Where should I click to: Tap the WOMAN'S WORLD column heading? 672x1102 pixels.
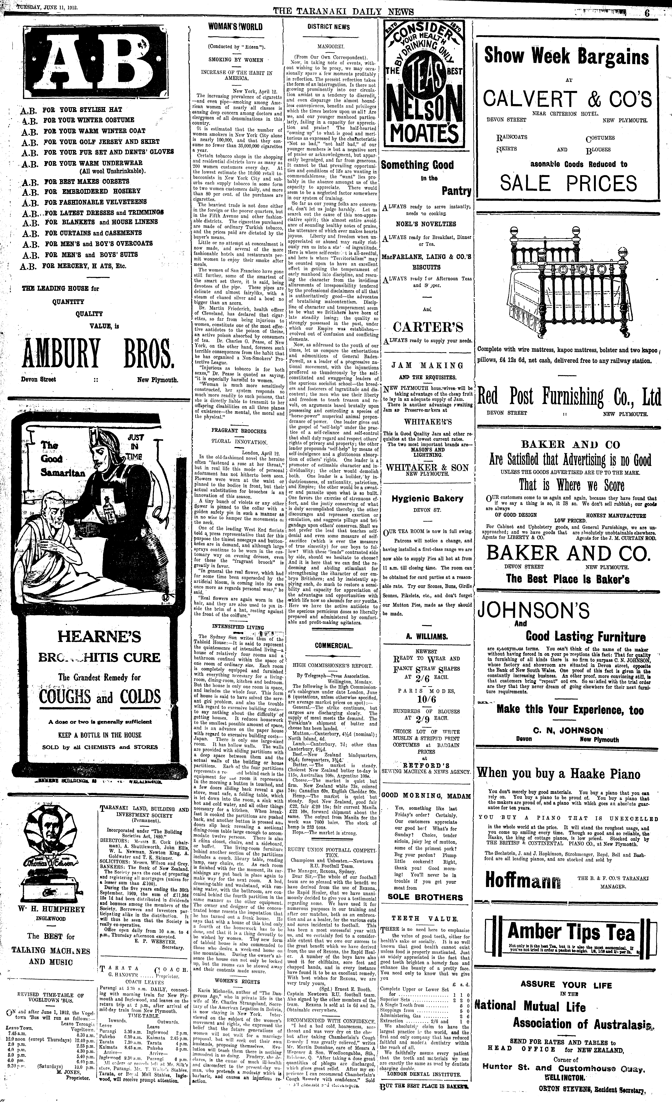tap(236, 27)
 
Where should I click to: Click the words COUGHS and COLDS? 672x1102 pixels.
tap(99, 696)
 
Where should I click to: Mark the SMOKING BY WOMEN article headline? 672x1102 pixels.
tap(236, 59)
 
